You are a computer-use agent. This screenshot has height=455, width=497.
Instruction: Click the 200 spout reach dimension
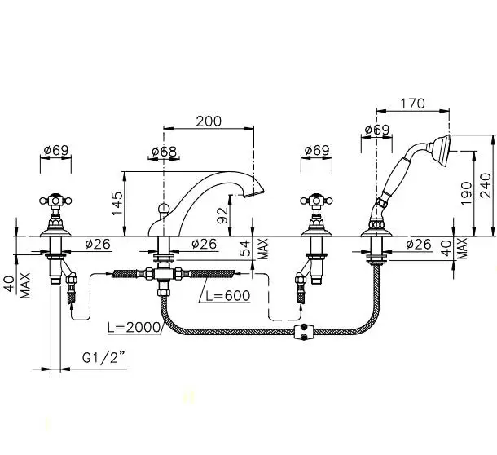tap(209, 121)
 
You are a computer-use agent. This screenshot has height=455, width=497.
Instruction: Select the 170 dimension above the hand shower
tap(412, 104)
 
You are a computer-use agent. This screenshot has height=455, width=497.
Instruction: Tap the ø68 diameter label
tap(164, 152)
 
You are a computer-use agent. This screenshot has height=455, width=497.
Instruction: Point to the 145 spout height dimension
tap(117, 203)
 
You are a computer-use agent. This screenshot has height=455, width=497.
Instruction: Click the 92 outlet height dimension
tap(223, 215)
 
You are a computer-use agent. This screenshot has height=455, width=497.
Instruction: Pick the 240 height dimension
tap(486, 186)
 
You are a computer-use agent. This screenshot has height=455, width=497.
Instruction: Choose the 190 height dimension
tap(466, 193)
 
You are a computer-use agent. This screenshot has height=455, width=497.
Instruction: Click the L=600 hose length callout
tap(228, 296)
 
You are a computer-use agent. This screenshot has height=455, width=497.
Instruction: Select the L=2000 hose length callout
tap(134, 328)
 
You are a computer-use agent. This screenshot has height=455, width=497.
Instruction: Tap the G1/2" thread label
tap(103, 358)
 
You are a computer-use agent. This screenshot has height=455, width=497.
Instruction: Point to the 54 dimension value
tap(244, 248)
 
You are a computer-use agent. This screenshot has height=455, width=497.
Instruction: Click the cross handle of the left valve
tap(55, 201)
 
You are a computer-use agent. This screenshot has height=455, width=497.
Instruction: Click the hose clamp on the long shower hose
tap(304, 332)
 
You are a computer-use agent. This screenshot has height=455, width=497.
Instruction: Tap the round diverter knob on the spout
tap(163, 208)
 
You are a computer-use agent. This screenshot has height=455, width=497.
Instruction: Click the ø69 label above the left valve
tap(55, 150)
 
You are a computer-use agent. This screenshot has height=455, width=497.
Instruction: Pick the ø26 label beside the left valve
tap(98, 244)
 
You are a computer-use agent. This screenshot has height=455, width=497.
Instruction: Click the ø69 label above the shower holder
tap(376, 130)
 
